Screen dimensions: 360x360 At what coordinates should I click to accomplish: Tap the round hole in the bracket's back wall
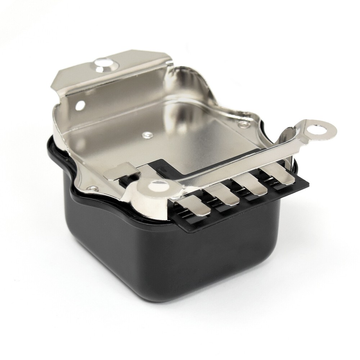(80, 105)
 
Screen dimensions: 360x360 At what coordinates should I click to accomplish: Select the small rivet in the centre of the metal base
(146, 135)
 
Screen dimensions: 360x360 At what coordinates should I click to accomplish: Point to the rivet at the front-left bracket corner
(93, 188)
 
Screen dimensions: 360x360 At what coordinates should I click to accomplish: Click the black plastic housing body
(173, 259)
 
